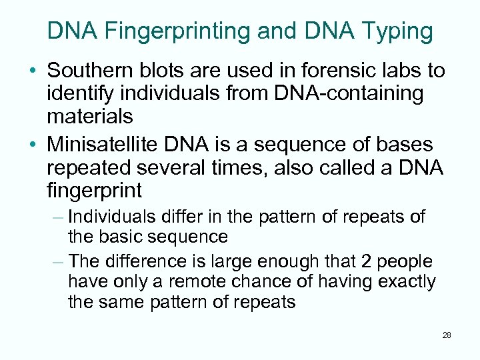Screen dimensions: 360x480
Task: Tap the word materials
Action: (x=90, y=117)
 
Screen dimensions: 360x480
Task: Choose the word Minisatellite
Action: (x=107, y=144)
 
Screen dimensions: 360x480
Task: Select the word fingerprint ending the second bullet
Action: (x=94, y=191)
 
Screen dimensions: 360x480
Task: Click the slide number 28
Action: (x=446, y=335)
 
